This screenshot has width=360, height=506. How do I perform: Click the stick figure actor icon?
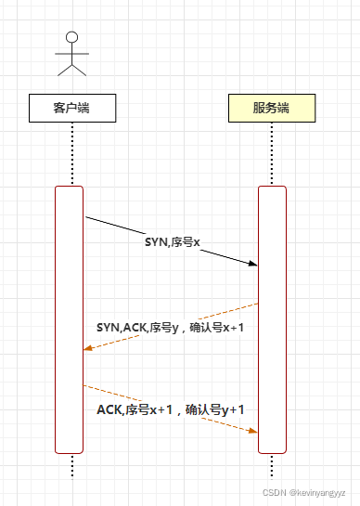(x=71, y=53)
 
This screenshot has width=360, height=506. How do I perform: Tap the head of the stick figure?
(x=71, y=37)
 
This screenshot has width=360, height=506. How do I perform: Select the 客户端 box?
(x=71, y=108)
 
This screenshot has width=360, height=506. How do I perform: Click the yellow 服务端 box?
(x=271, y=108)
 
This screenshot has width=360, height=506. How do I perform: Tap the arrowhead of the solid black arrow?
(x=253, y=265)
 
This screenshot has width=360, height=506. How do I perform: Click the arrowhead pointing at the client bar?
(x=87, y=348)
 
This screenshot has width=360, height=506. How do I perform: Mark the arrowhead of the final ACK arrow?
(x=252, y=431)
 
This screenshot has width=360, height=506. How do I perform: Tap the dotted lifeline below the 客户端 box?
(x=71, y=153)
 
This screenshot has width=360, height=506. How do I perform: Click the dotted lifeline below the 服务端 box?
(x=271, y=153)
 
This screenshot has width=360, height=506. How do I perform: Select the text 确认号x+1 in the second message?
(x=216, y=327)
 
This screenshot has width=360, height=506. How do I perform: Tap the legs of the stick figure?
(x=71, y=68)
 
